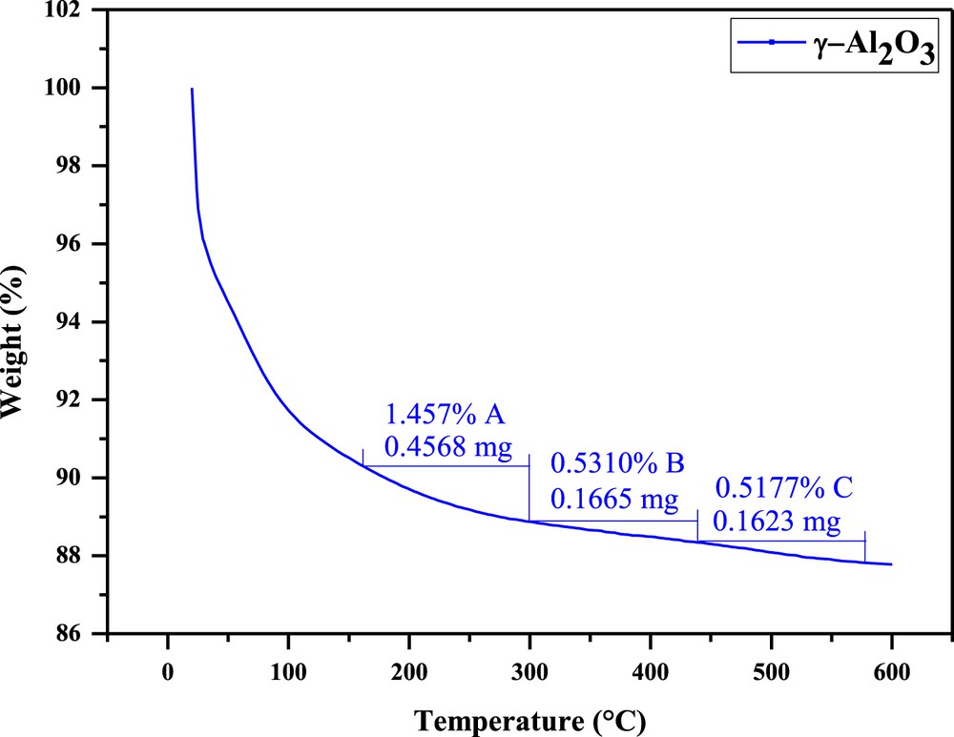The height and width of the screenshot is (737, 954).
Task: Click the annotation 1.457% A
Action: pyautogui.click(x=444, y=415)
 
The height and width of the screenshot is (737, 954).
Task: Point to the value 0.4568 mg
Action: pyautogui.click(x=446, y=445)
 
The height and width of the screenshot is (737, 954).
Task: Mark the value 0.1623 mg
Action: pyautogui.click(x=778, y=522)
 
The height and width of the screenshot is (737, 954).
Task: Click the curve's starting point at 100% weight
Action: pyautogui.click(x=192, y=89)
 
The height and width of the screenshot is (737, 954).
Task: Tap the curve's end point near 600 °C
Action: pyautogui.click(x=891, y=564)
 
